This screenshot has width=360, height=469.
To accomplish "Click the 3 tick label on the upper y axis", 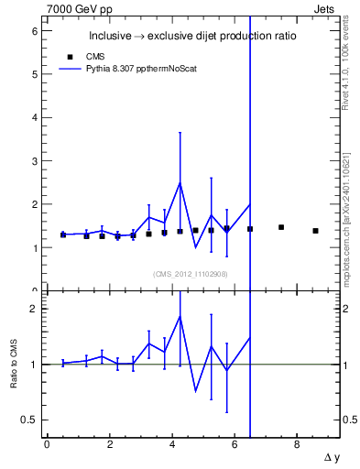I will click(x=34, y=161).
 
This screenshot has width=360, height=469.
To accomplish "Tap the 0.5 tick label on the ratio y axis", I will click(x=29, y=420).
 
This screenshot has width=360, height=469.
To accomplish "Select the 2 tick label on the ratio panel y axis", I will click(x=34, y=309).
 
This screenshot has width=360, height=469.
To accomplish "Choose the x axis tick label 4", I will click(x=172, y=445).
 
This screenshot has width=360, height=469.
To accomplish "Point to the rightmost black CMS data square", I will click(x=315, y=231).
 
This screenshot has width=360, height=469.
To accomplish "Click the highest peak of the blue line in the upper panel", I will click(x=180, y=182).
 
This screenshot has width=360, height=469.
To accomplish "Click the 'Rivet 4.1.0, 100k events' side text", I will click(x=348, y=64).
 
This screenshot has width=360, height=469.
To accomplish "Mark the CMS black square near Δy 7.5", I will click(x=281, y=227).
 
